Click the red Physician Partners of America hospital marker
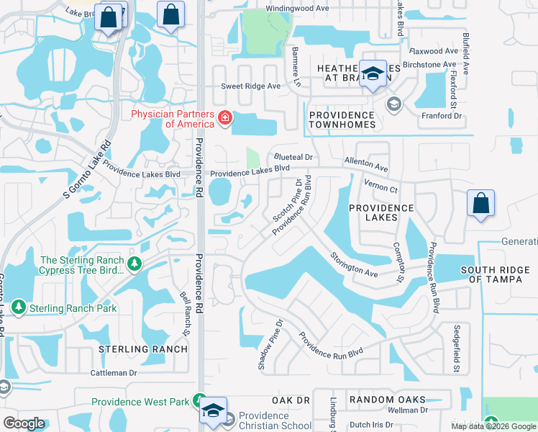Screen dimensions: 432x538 click(224, 117)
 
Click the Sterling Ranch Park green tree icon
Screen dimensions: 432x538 click(19, 308)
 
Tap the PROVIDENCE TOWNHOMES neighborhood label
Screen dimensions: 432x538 click(342, 120)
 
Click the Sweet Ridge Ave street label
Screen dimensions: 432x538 click(250, 86)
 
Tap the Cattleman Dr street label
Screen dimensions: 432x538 click(113, 373)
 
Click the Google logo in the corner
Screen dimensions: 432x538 click(23, 423)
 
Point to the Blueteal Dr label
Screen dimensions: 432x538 click(292, 157)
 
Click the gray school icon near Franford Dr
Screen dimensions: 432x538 click(393, 105)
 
